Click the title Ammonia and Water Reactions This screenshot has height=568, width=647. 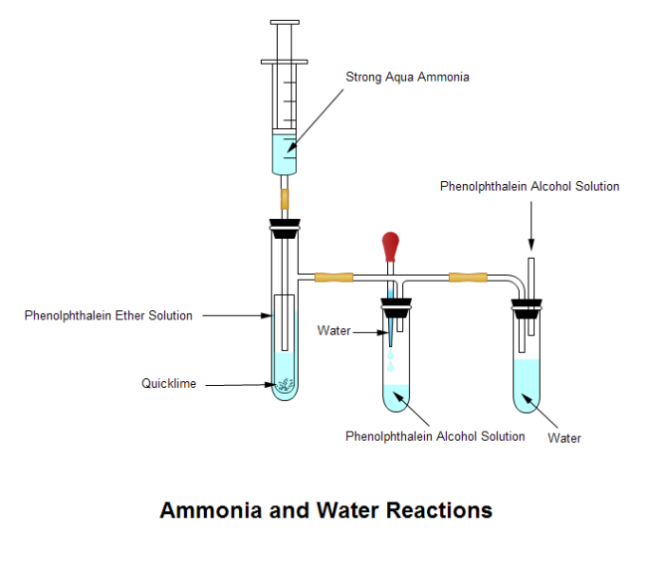[325, 511]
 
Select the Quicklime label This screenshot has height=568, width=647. [168, 384]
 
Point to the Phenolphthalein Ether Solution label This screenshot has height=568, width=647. [108, 315]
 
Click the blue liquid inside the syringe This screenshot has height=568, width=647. [285, 153]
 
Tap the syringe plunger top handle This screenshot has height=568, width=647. [285, 22]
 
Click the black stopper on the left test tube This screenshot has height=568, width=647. [285, 230]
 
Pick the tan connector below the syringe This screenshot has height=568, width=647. [285, 198]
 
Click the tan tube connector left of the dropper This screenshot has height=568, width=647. [333, 276]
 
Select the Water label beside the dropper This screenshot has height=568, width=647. [332, 330]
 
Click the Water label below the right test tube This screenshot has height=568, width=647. [564, 438]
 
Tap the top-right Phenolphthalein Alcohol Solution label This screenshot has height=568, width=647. [530, 186]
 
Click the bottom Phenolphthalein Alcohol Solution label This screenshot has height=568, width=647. [435, 437]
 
